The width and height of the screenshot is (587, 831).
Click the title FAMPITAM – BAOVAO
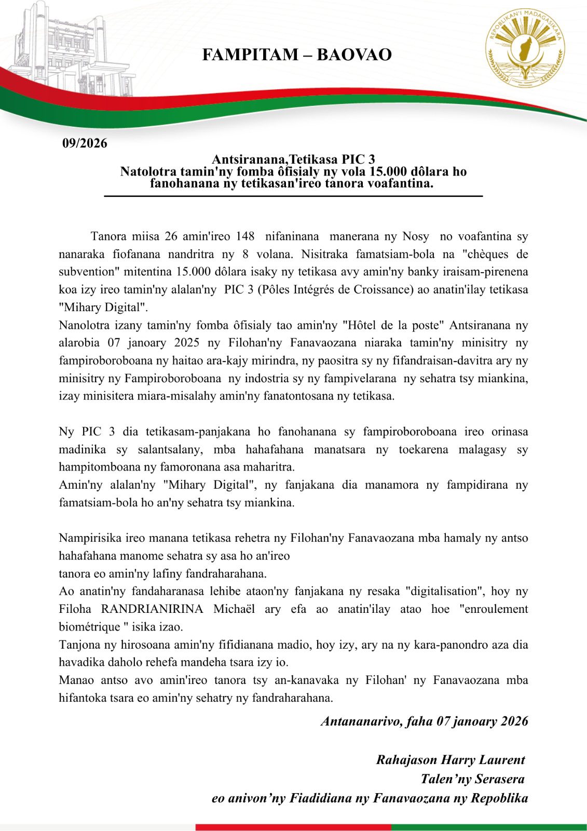pyautogui.click(x=296, y=55)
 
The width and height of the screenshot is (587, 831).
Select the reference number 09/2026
pyautogui.click(x=85, y=143)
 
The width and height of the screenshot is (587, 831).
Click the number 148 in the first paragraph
pyautogui.click(x=245, y=236)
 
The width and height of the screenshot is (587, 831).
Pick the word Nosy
pyautogui.click(x=416, y=236)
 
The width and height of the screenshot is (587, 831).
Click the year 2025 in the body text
pyautogui.click(x=194, y=343)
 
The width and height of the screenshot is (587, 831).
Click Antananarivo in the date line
pyautogui.click(x=361, y=721)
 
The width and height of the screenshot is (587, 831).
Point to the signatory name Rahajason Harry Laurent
pyautogui.click(x=451, y=760)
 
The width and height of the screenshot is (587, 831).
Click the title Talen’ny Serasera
pyautogui.click(x=472, y=779)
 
